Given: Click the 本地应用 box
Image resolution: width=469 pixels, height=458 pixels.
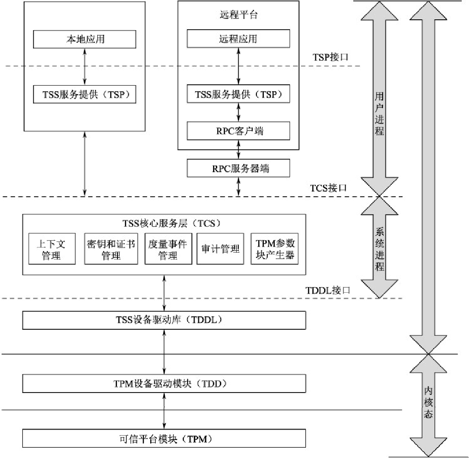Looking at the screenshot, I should pyautogui.click(x=85, y=40).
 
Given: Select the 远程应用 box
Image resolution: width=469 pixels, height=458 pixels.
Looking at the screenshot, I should pyautogui.click(x=238, y=39).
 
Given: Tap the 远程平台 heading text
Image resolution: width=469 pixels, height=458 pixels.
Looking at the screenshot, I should pyautogui.click(x=238, y=15).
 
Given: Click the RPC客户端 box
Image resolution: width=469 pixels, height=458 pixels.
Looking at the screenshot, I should pyautogui.click(x=238, y=131).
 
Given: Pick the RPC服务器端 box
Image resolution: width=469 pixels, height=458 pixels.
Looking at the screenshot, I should pyautogui.click(x=238, y=168).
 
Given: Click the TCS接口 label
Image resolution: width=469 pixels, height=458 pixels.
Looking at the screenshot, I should pyautogui.click(x=329, y=188).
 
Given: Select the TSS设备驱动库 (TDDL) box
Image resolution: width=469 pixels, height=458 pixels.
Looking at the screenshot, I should pyautogui.click(x=164, y=320).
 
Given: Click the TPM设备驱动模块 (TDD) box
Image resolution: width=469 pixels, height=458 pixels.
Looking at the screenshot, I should pyautogui.click(x=164, y=383).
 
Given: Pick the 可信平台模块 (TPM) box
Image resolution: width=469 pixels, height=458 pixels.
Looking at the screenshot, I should pyautogui.click(x=164, y=439).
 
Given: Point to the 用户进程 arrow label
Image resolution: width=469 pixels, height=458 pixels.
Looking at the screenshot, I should pyautogui.click(x=379, y=114).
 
